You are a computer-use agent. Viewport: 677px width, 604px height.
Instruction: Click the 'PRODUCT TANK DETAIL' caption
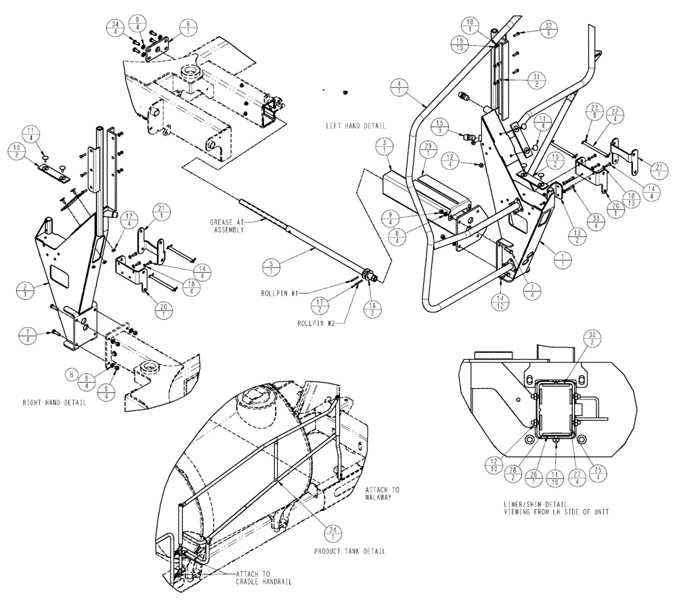350,551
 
